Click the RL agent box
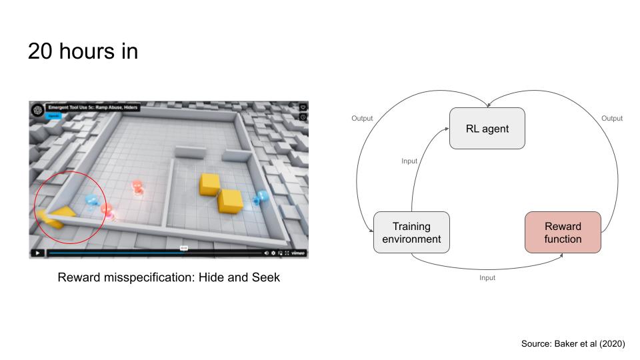(487, 129)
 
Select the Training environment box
(411, 233)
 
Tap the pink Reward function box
(563, 233)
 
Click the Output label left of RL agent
(362, 119)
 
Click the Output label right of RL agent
(612, 119)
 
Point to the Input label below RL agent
(409, 161)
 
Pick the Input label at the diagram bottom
(487, 277)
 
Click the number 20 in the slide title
(39, 51)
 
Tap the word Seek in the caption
(265, 277)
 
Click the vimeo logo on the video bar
(298, 253)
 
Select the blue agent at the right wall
(260, 197)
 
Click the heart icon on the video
(303, 107)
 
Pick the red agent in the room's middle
(138, 188)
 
